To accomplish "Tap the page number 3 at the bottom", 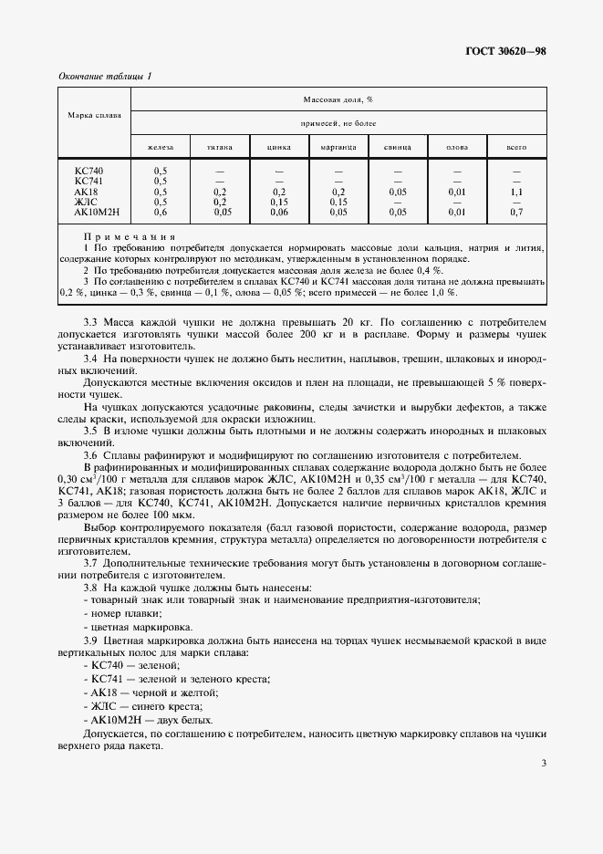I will click(543, 764).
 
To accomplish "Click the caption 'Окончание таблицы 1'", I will click(105, 76).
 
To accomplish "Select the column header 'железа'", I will click(160, 147).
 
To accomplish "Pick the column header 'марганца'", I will click(338, 147).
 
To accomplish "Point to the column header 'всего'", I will click(516, 147).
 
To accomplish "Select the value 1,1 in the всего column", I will click(516, 193).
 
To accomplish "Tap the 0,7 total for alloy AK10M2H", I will click(516, 213).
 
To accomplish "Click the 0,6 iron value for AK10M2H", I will click(160, 213).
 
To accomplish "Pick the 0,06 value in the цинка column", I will click(279, 213).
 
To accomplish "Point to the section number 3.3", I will click(92, 323).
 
